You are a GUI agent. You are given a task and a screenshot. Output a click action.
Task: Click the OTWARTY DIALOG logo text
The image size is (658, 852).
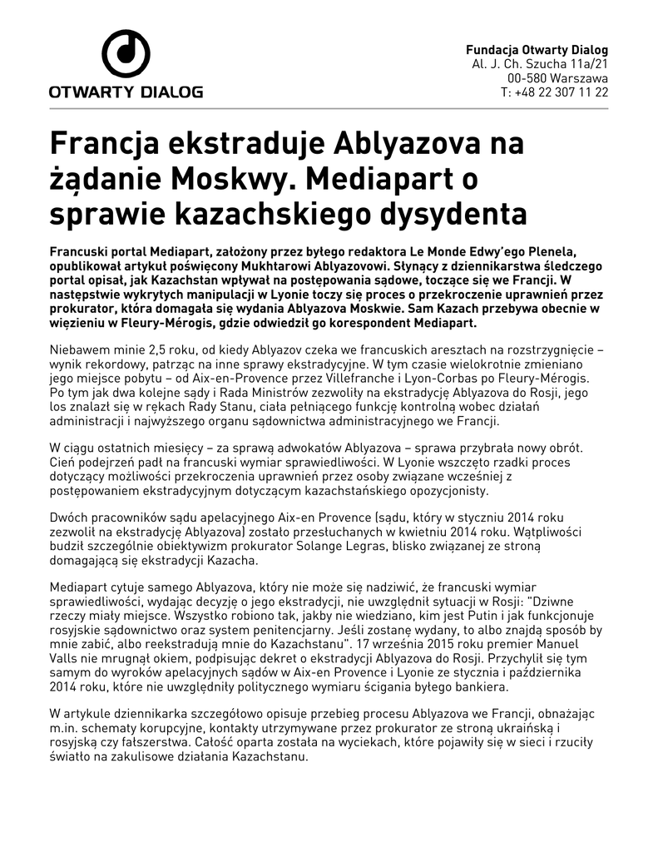tap(126, 92)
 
